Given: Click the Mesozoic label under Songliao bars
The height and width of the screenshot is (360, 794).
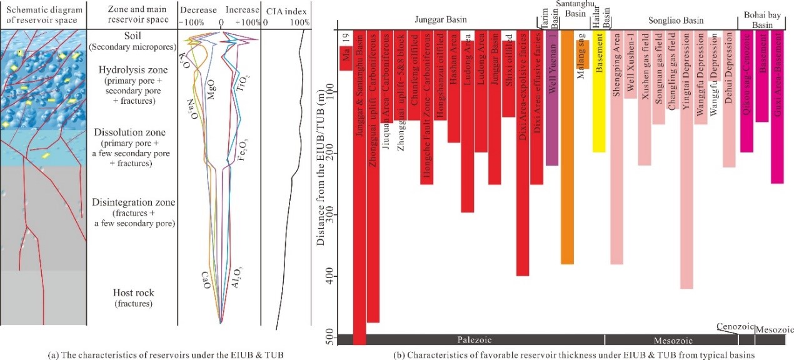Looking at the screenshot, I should [671, 340].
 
